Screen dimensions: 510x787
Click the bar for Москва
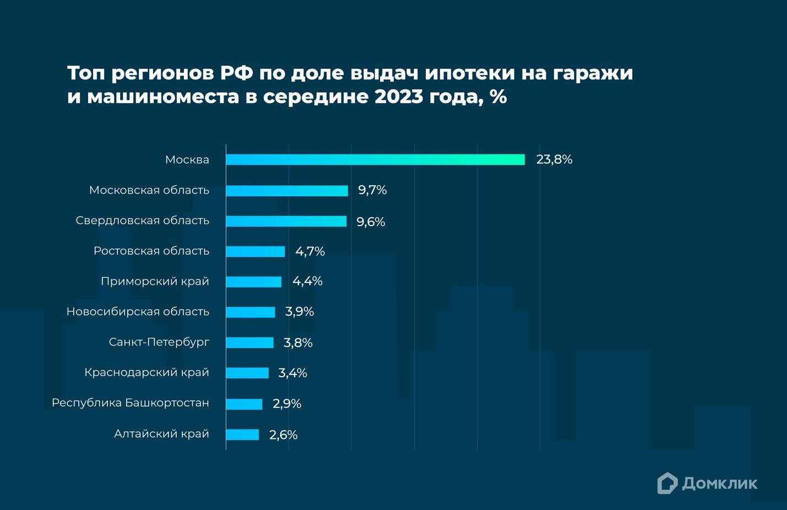click(x=375, y=159)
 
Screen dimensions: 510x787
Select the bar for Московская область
click(x=287, y=191)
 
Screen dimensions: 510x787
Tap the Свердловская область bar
click(x=286, y=221)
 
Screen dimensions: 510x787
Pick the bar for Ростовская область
click(x=255, y=251)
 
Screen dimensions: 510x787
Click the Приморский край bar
click(x=253, y=282)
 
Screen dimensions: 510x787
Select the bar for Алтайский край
click(x=242, y=434)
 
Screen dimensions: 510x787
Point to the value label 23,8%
click(x=554, y=159)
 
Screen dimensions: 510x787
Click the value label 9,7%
click(x=372, y=190)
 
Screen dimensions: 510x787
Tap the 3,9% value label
click(x=299, y=312)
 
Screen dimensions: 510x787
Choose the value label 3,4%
click(x=292, y=373)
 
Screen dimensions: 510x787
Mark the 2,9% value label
click(x=287, y=404)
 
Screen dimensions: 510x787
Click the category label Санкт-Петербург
click(x=159, y=342)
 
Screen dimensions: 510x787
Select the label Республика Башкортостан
click(x=131, y=402)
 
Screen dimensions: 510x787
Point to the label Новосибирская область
click(x=138, y=312)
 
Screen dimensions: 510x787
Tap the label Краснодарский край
click(x=146, y=372)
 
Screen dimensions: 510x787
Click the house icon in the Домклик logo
click(x=667, y=483)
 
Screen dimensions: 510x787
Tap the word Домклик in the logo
click(x=719, y=484)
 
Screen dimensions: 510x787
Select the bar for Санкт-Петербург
click(x=249, y=342)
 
